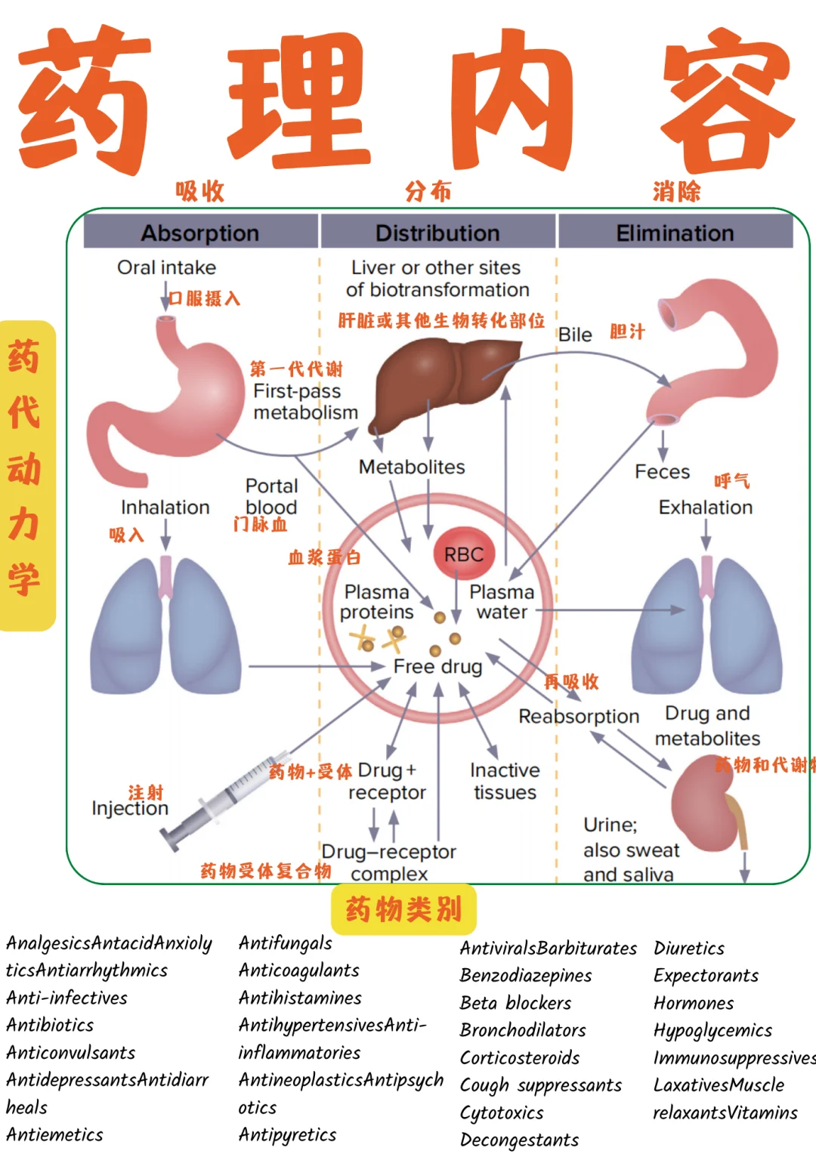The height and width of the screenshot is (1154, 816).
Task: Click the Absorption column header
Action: point(200,233)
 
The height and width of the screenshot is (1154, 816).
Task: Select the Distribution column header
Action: point(437,233)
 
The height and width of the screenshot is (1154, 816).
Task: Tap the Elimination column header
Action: point(675,233)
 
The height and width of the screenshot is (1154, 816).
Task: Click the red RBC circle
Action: point(463,554)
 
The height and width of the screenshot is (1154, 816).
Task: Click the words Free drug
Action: point(437,666)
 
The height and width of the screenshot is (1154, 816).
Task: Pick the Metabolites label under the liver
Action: point(412,467)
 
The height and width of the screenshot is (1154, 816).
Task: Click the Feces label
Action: point(662,472)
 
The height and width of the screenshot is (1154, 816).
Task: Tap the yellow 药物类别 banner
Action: point(403,909)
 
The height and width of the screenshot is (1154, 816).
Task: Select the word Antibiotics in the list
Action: point(50,1025)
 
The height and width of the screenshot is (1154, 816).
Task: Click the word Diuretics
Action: point(689,949)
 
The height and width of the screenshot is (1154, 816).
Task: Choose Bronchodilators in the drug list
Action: point(523,1030)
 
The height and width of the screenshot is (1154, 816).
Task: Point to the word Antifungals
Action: point(285,943)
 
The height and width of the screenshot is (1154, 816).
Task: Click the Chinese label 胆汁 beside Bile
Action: point(627,332)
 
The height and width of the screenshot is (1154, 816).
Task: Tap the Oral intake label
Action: point(166,267)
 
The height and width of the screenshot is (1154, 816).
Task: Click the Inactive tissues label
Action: point(505,781)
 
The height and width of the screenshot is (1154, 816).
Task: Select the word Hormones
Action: point(694,1004)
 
